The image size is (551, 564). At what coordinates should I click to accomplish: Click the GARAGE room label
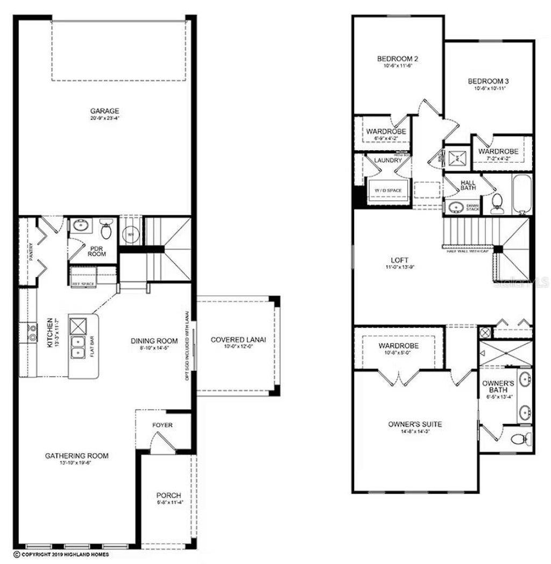click(x=104, y=111)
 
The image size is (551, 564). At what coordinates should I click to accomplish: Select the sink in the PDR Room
click(x=82, y=225)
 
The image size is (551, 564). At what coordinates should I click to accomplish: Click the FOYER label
click(x=163, y=425)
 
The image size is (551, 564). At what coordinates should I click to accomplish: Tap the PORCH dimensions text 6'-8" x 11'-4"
click(x=168, y=503)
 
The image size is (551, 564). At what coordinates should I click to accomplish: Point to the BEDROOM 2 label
click(x=397, y=59)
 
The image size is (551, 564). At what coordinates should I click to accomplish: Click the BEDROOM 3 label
click(x=488, y=81)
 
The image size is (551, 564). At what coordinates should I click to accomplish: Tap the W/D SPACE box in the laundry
click(x=388, y=191)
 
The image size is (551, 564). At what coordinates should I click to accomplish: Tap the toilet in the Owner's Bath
click(x=518, y=440)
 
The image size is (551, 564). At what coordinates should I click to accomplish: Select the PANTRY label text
click(x=32, y=251)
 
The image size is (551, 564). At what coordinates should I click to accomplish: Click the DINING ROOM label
click(x=154, y=341)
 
